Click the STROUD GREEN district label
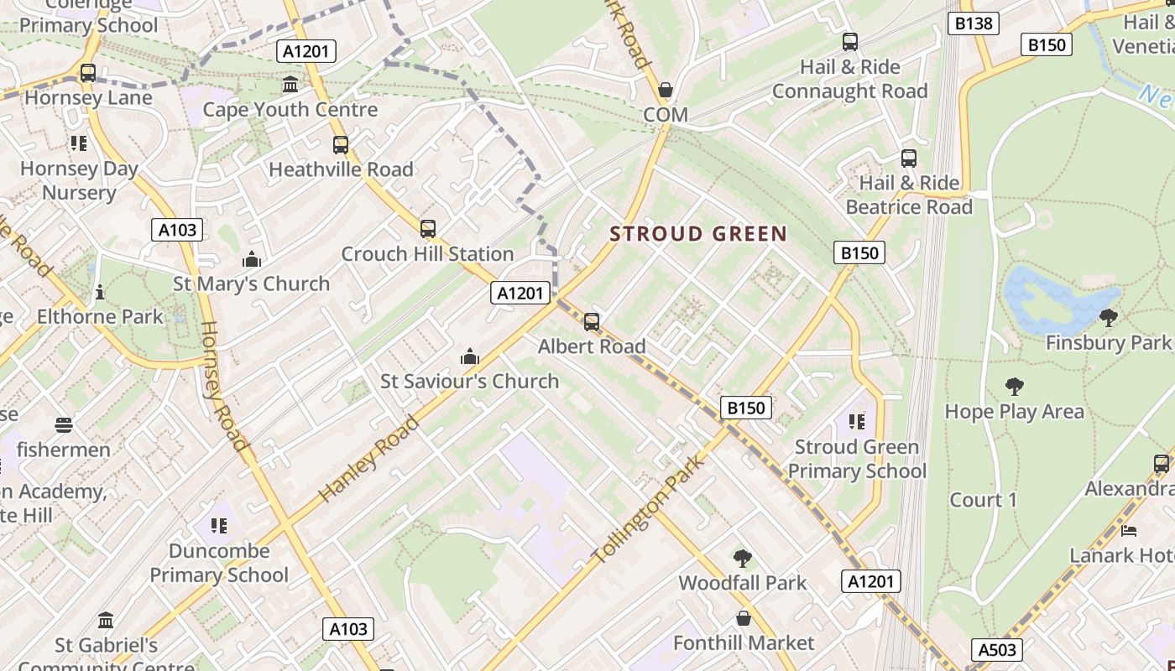[698, 234]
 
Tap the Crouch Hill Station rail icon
[428, 228]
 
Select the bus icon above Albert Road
[592, 321]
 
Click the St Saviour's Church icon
[470, 356]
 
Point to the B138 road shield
[974, 23]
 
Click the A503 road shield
[998, 649]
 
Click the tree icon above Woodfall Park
[742, 558]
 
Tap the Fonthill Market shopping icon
[744, 618]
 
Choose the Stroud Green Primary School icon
[857, 421]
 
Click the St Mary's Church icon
[251, 259]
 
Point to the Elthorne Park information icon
[100, 292]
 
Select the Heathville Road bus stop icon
[341, 144]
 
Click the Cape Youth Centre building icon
[290, 84]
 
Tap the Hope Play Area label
[1014, 411]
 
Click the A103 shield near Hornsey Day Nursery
[177, 230]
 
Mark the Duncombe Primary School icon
[219, 526]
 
